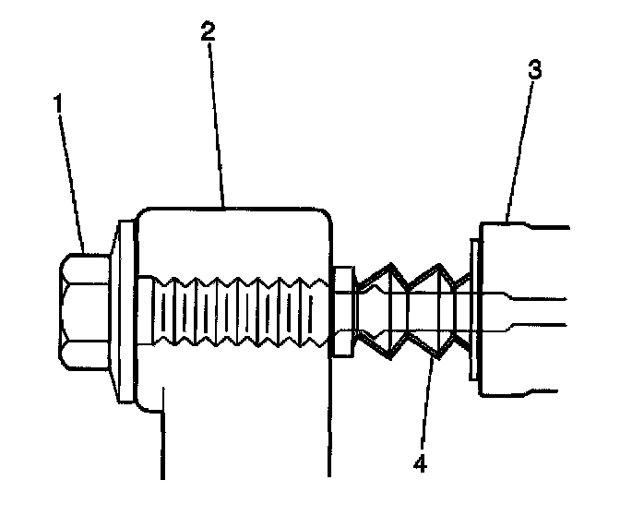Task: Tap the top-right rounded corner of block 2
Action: (322, 218)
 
